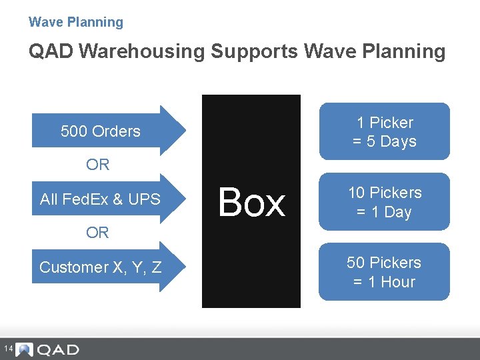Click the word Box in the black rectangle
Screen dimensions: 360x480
251,202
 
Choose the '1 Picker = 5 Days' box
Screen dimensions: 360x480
384,132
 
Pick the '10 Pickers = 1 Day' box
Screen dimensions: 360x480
384,202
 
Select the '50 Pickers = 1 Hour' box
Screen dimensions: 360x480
384,272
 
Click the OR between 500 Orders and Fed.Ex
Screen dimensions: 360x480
97,165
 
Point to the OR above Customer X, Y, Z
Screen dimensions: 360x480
97,233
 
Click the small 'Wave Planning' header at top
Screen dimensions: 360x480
75,22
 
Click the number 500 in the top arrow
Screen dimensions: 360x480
73,131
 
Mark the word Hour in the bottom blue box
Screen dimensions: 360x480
397,282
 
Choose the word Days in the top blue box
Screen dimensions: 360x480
398,141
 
